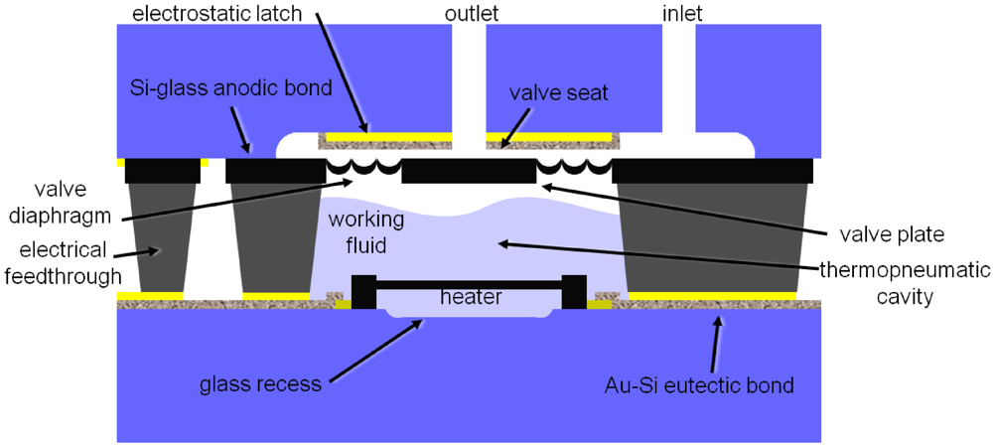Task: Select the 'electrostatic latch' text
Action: tap(225, 13)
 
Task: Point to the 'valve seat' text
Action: tap(558, 94)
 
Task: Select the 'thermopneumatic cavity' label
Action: tap(906, 281)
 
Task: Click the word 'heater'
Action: tap(472, 297)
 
